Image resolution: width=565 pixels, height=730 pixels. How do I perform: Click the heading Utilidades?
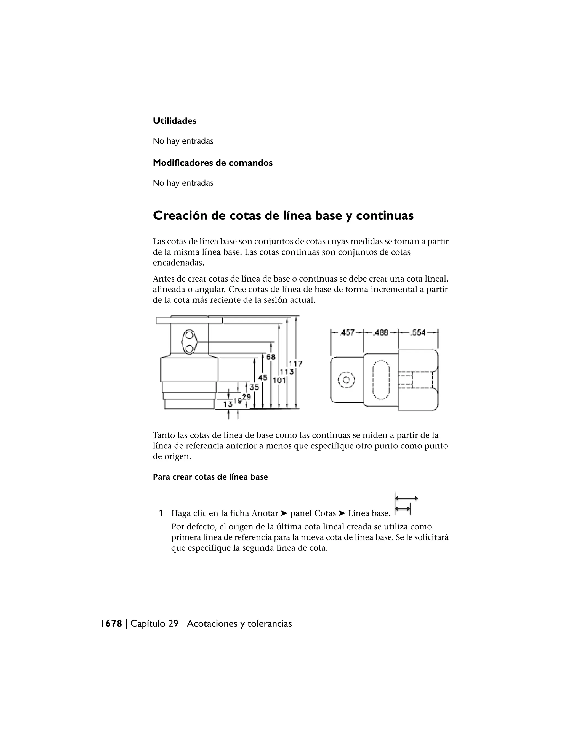click(174, 121)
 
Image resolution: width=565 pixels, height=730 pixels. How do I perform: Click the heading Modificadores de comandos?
click(212, 163)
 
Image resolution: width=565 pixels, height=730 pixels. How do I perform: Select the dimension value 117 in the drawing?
click(295, 364)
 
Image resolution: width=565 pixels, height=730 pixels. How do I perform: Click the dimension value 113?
click(287, 371)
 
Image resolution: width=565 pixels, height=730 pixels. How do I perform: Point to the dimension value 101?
click(279, 380)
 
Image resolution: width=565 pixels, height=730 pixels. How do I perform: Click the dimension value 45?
click(263, 377)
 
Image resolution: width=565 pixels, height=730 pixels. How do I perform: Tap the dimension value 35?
click(254, 387)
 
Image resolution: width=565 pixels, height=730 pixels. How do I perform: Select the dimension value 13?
click(228, 404)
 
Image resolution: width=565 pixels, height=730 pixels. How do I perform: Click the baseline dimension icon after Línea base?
click(406, 504)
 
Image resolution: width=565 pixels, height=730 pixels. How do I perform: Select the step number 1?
click(161, 513)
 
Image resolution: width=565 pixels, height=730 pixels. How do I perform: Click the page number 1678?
click(111, 624)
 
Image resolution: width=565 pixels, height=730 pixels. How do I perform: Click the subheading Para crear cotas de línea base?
click(210, 477)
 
